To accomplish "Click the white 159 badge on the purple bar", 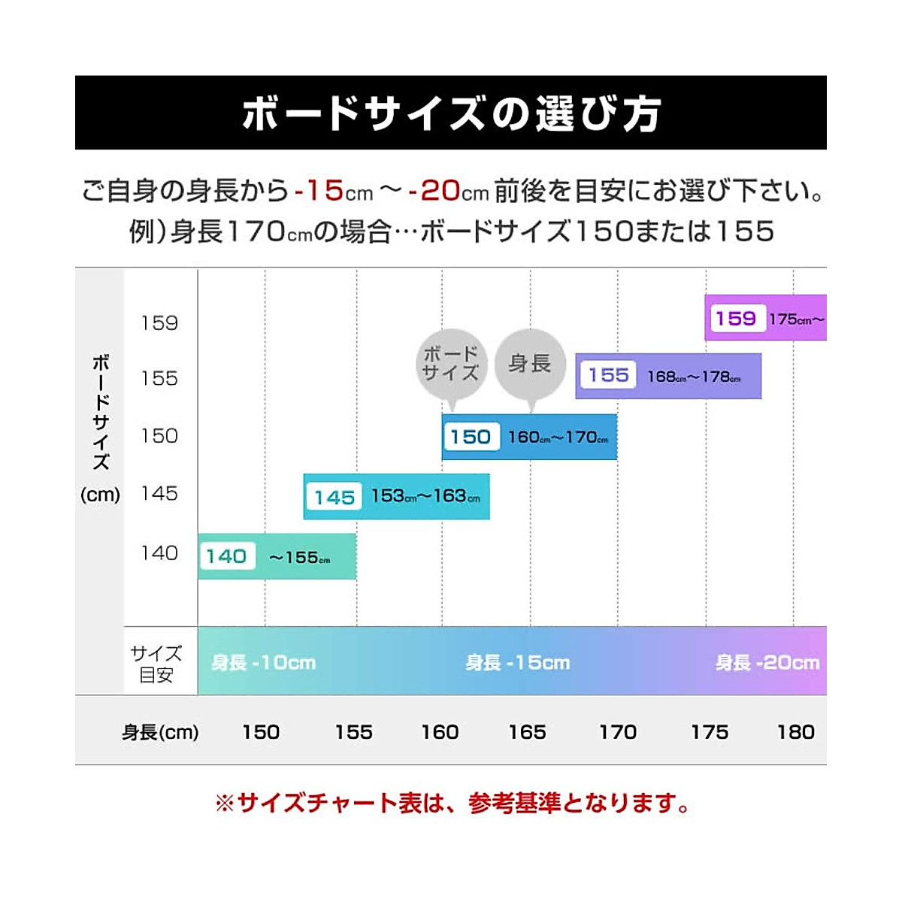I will [x=736, y=318].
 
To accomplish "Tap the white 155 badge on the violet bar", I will [x=608, y=375].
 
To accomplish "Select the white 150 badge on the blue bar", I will [x=471, y=437].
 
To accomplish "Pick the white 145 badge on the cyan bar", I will [x=334, y=497].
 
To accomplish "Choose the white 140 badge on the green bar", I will [x=226, y=556].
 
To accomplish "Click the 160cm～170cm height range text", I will [x=558, y=437].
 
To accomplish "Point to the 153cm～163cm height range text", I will [x=425, y=496].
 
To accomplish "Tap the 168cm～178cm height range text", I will [x=694, y=377].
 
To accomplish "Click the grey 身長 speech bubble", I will [x=530, y=364].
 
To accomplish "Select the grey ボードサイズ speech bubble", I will [x=451, y=364].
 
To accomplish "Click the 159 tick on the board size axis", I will [x=159, y=323].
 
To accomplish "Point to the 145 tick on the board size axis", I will [x=159, y=494].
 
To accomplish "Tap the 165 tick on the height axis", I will [x=527, y=732].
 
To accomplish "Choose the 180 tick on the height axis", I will [x=796, y=732].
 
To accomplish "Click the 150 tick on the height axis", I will [x=261, y=732].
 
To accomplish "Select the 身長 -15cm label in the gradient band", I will [x=517, y=663].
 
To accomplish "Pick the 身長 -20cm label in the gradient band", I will [x=767, y=663].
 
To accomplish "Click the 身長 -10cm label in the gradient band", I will [x=263, y=663].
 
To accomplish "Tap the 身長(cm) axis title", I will [x=160, y=732].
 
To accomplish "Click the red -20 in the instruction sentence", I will [x=434, y=191].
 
